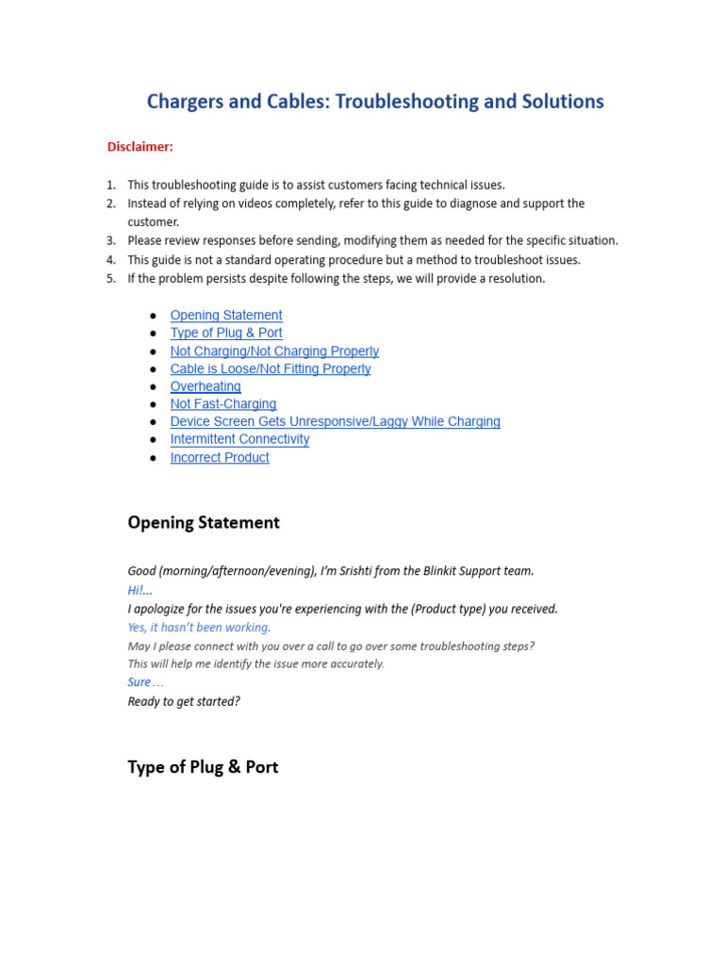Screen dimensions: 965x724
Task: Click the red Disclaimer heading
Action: pyautogui.click(x=140, y=146)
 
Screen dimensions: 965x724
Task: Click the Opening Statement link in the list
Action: pyautogui.click(x=226, y=316)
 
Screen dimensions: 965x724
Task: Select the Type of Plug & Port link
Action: pyautogui.click(x=226, y=333)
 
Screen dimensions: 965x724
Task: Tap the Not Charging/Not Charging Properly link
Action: pyautogui.click(x=274, y=351)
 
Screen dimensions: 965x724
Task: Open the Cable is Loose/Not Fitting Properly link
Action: pyautogui.click(x=271, y=368)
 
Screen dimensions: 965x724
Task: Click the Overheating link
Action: pyautogui.click(x=206, y=386)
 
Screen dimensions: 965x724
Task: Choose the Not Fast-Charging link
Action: pyautogui.click(x=223, y=404)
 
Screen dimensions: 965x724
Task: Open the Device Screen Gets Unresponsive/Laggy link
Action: pyautogui.click(x=335, y=421)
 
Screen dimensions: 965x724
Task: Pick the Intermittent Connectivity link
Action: pyautogui.click(x=239, y=439)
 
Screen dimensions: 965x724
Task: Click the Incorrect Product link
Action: pyautogui.click(x=220, y=457)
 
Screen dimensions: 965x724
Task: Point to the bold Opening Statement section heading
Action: pyautogui.click(x=204, y=523)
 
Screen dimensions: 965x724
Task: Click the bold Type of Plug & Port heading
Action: pyautogui.click(x=203, y=767)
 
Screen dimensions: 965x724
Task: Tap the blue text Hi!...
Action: pyautogui.click(x=140, y=590)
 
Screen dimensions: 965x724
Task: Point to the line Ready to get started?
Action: pyautogui.click(x=184, y=701)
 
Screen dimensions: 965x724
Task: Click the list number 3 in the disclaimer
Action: pyautogui.click(x=110, y=240)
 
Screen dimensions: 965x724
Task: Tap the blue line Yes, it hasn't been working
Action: pyautogui.click(x=199, y=627)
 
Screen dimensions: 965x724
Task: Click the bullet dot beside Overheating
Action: pyautogui.click(x=153, y=387)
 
